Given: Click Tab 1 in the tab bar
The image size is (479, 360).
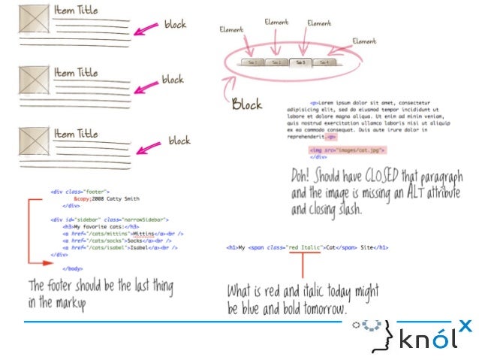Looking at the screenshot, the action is (x=252, y=63).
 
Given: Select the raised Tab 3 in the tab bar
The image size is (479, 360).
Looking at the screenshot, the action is (x=299, y=62).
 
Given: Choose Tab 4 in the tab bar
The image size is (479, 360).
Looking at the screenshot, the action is (x=322, y=63).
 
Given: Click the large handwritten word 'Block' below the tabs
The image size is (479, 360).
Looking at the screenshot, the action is (x=247, y=104).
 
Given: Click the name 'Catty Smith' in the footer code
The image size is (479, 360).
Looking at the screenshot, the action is (x=123, y=198).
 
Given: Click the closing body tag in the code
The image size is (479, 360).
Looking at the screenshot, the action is (x=73, y=268).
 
